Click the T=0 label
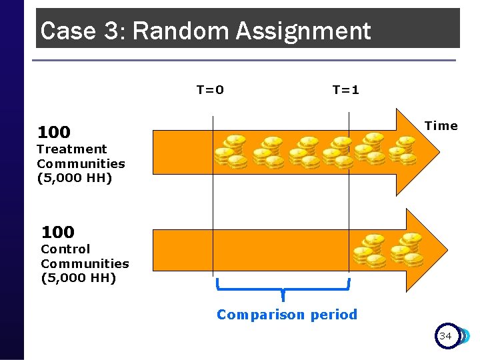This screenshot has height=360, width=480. pos(210,89)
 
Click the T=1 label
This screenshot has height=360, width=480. pos(345,89)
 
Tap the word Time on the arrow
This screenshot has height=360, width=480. pos(441,126)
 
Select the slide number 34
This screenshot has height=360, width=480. pos(445,336)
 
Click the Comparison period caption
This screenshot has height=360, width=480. pos(287,315)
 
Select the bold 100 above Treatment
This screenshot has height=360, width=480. pos(53,132)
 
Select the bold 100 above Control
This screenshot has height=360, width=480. pos(58,232)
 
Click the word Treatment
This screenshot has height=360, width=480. pos(71,149)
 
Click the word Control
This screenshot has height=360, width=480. pos(65,249)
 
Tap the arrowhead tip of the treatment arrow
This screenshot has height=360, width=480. pos(445,152)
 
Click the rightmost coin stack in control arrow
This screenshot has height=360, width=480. pos(407,249)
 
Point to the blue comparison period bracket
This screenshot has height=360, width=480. pos(283,289)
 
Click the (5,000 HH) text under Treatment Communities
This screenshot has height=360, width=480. pos(74,178)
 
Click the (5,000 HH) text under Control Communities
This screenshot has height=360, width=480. pos(78,278)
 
